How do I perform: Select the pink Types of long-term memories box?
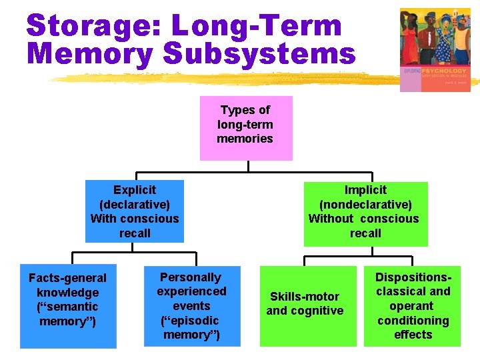(245, 128)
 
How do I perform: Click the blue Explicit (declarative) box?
(134, 211)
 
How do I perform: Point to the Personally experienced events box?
(191, 306)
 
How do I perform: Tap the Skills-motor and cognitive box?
(305, 306)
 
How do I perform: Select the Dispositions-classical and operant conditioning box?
(413, 306)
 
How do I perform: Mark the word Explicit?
(135, 190)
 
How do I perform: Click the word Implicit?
(365, 190)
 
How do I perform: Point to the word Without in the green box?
(331, 219)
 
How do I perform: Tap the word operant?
(412, 306)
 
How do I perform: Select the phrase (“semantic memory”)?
(68, 314)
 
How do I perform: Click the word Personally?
(191, 277)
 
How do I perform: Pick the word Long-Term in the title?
(257, 26)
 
